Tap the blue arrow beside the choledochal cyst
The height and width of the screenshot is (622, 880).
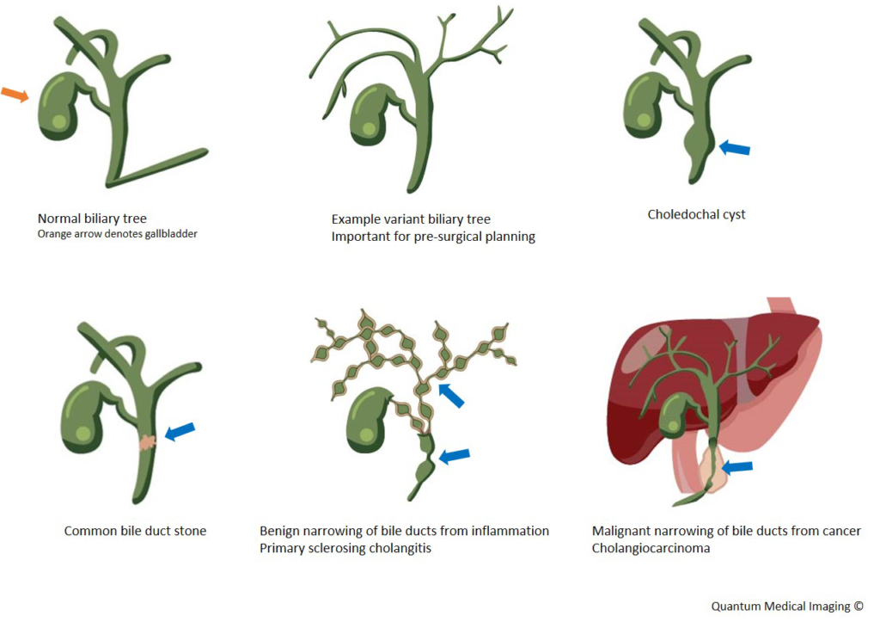tap(734, 148)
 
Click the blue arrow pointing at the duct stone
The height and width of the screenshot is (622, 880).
tap(180, 431)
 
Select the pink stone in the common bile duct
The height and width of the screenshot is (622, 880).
tap(147, 442)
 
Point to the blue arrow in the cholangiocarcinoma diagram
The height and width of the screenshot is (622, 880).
tap(736, 467)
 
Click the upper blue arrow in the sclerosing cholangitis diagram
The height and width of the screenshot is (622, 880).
tap(450, 395)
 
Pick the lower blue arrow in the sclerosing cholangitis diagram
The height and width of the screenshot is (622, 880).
tap(455, 456)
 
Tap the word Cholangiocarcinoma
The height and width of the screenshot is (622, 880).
tap(651, 548)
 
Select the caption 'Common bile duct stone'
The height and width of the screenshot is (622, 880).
tap(135, 531)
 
